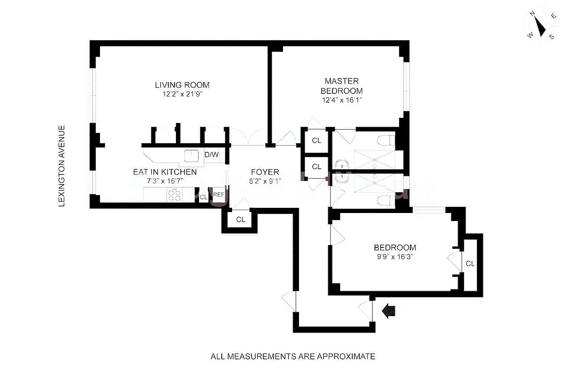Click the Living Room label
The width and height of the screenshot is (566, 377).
[182, 85]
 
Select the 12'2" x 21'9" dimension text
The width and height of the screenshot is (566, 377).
[182, 94]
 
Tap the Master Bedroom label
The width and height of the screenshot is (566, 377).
[341, 86]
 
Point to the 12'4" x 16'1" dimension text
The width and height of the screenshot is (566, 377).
[341, 100]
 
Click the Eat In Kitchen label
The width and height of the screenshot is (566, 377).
[165, 172]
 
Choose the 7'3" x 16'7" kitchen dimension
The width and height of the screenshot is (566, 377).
[165, 180]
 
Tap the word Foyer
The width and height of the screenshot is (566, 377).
[265, 172]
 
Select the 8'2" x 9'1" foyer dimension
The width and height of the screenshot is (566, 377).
[265, 180]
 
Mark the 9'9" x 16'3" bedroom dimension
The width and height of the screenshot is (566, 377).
[395, 257]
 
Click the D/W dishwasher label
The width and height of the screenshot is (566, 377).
[211, 154]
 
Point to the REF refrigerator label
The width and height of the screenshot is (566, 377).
[218, 195]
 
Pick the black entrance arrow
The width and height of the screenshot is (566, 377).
[390, 311]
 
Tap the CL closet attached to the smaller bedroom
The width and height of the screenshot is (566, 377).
[470, 263]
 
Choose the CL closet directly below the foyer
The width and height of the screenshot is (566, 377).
[241, 219]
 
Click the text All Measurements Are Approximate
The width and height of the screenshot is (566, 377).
[292, 356]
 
